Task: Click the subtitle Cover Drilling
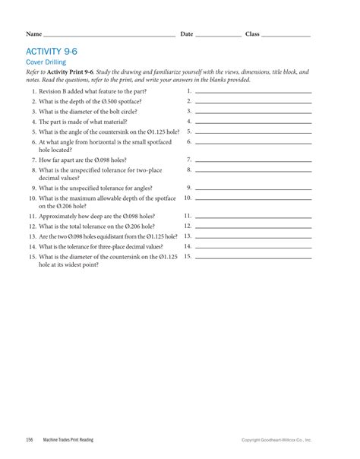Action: tap(46, 62)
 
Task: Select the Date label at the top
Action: tap(187, 34)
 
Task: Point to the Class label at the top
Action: tap(252, 34)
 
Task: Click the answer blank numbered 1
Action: tap(254, 91)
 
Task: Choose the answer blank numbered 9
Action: tap(254, 188)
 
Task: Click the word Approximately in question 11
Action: tap(58, 216)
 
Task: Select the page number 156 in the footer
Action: tap(29, 440)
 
